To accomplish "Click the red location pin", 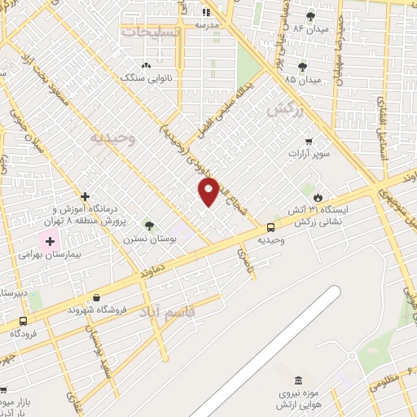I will click(x=208, y=191).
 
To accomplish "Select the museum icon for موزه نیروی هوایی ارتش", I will click(x=298, y=381).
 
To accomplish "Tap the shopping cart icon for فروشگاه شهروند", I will click(x=97, y=298).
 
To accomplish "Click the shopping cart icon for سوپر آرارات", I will click(x=308, y=139).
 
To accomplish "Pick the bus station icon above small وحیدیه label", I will click(x=270, y=228).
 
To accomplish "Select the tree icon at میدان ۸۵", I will click(x=303, y=67).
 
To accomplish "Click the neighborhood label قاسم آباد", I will click(x=167, y=311).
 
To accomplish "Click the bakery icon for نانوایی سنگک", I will click(x=146, y=65).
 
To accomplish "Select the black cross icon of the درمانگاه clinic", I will click(x=85, y=196).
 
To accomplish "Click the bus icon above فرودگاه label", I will click(x=22, y=321).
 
